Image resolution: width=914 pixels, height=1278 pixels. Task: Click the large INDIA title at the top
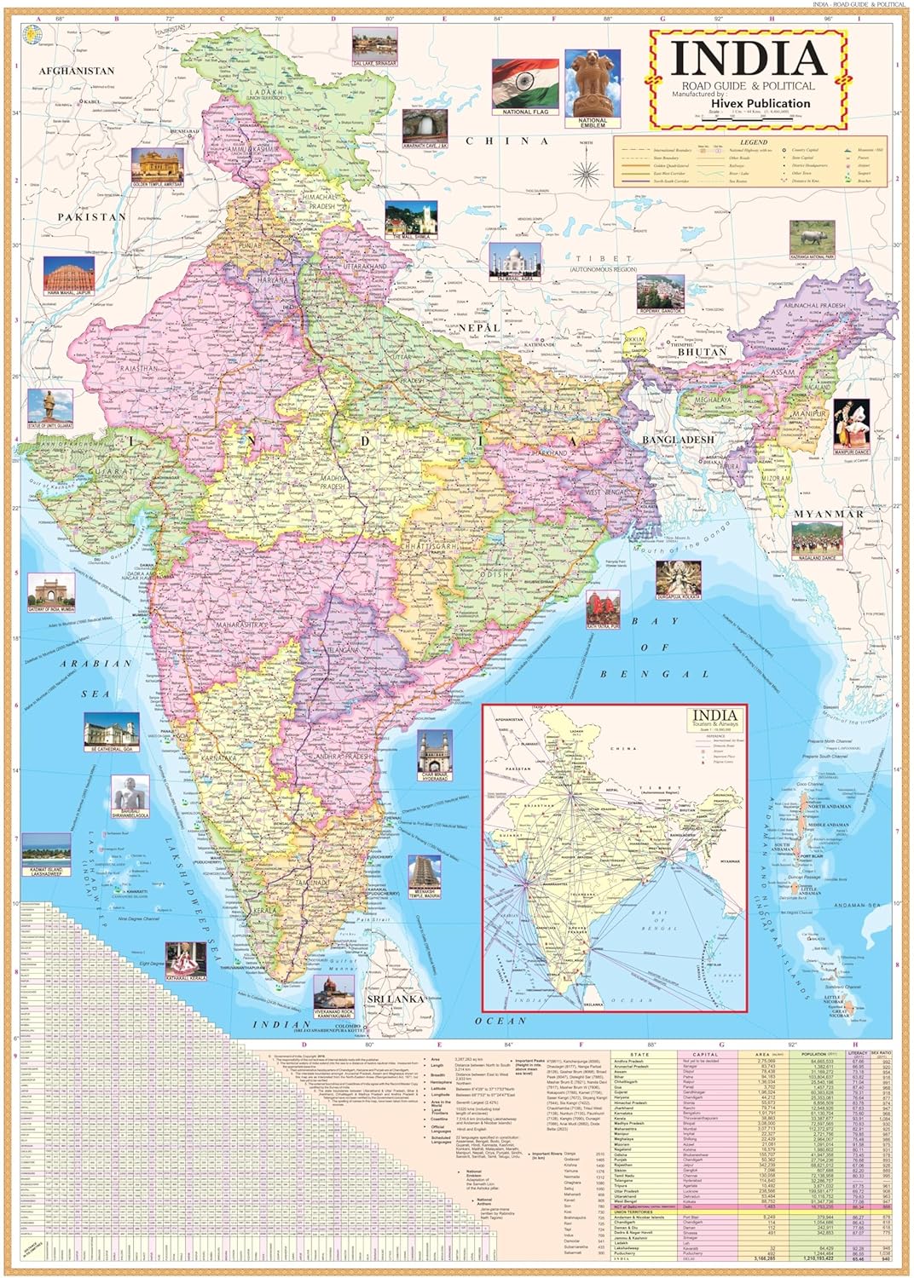pos(748,58)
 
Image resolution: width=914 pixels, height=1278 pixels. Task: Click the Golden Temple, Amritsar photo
pos(157,165)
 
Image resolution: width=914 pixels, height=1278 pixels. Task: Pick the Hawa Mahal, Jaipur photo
pos(70,273)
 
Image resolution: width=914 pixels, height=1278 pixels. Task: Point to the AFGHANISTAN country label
pos(76,72)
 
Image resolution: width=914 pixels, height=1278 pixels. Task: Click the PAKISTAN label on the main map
pos(91,217)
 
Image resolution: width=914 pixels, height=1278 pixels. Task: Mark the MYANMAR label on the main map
pos(828,515)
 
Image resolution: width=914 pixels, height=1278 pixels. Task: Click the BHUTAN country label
pos(703,351)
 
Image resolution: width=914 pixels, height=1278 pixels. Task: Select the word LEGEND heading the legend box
pos(753,142)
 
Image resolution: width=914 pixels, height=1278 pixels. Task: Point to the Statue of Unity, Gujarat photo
pos(48,408)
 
